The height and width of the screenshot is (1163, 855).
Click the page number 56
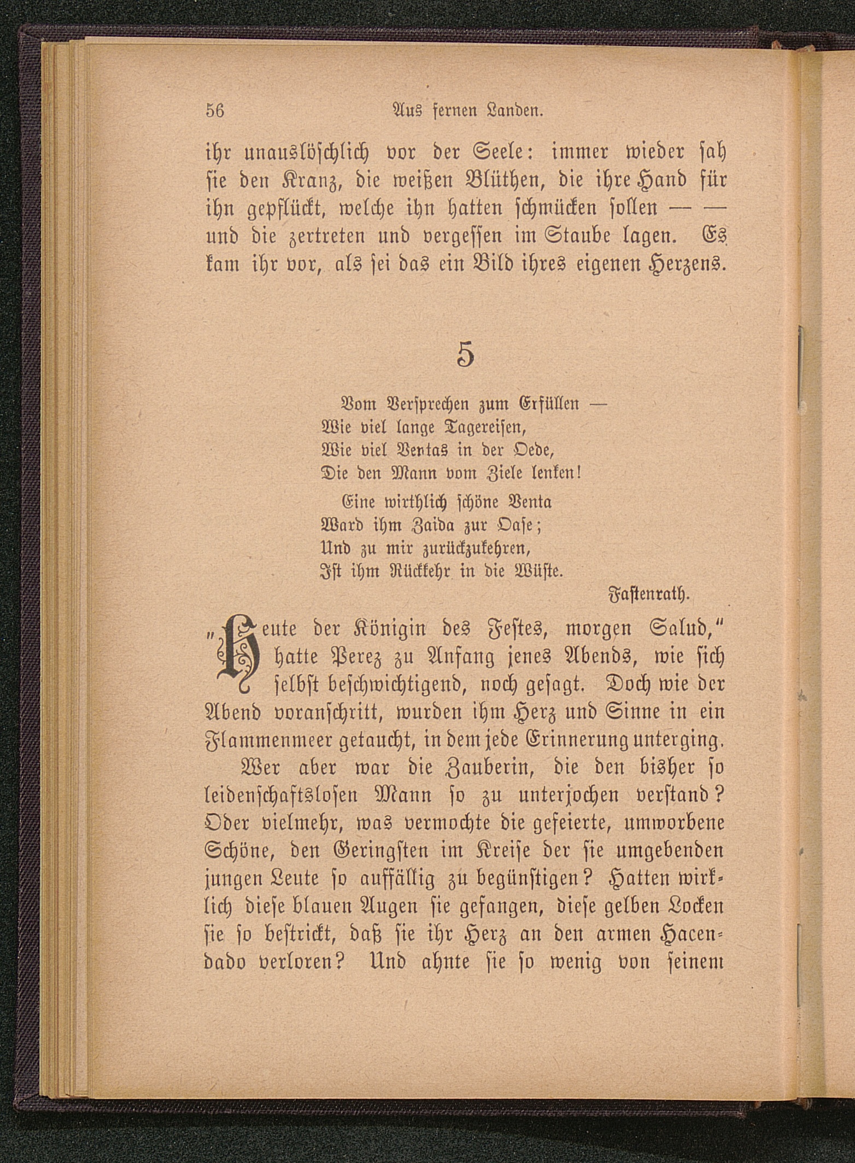[x=215, y=111]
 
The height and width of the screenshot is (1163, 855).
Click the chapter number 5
[x=465, y=354]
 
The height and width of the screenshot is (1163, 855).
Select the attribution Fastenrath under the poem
[x=650, y=593]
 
